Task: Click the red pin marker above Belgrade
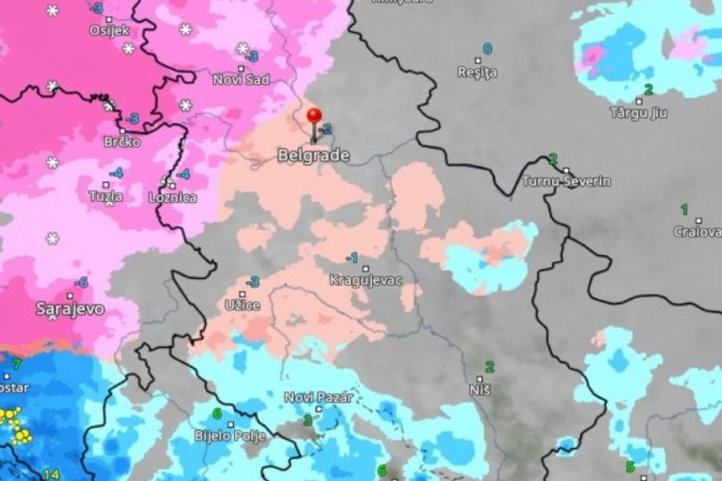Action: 314,115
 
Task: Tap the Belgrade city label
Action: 313,155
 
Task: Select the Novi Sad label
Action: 241,79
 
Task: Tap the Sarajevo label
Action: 71,308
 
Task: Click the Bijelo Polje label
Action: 230,436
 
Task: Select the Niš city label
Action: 479,389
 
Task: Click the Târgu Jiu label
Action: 638,113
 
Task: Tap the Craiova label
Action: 697,231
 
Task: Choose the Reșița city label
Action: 477,73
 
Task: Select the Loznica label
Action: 173,198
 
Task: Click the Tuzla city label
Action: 105,197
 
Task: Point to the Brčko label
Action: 122,141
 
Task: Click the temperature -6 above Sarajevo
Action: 82,282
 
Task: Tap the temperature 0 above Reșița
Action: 488,48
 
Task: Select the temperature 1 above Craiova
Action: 684,208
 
